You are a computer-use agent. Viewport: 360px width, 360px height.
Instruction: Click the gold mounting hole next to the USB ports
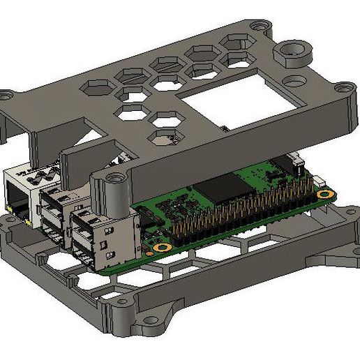(163, 248)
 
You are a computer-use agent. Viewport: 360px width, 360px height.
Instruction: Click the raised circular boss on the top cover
(292, 53)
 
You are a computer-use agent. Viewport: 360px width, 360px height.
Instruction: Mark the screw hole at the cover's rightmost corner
(341, 89)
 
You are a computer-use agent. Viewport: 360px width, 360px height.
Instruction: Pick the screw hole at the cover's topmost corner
(260, 25)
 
